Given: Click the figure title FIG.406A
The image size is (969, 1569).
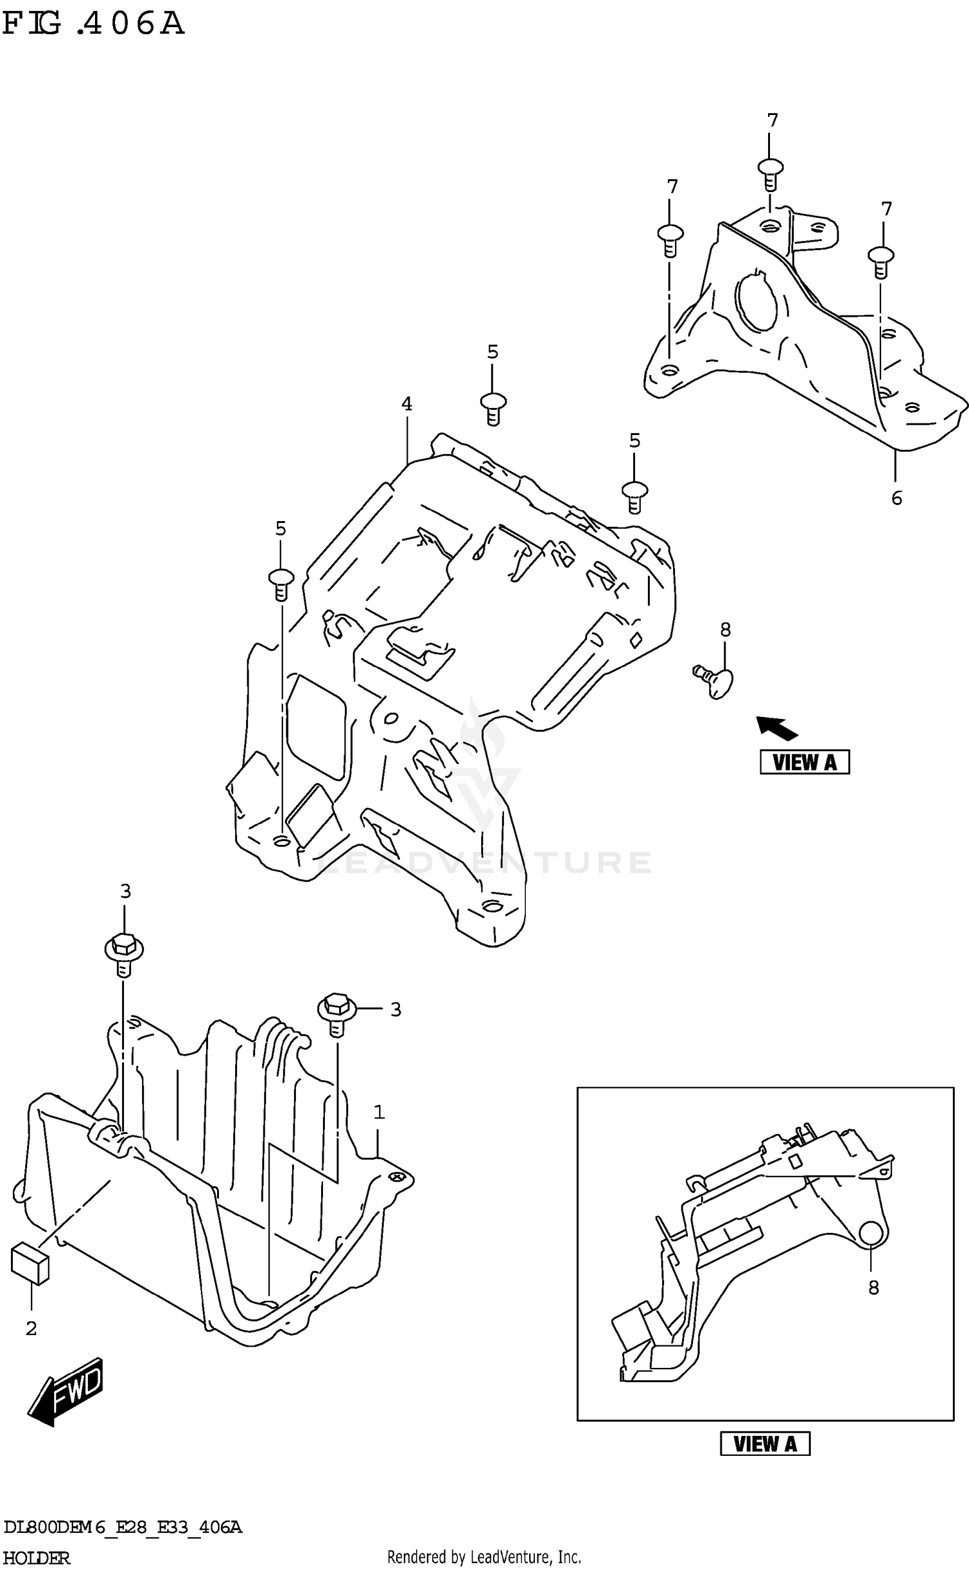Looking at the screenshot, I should point(93,24).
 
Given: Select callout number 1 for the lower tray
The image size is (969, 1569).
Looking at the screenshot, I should point(379,1113).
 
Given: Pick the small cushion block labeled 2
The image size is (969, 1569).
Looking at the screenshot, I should point(30,1263).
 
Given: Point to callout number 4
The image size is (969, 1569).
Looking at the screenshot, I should point(406,404).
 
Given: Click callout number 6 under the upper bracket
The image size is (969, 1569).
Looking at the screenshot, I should point(897,498).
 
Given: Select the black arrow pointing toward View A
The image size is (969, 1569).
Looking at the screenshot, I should point(777,728).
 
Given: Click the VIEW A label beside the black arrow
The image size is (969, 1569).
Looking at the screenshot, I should point(804,762).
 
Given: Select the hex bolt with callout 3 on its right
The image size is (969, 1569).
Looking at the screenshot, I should point(336,1010).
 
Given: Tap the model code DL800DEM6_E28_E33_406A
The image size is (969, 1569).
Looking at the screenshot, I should point(123,1528).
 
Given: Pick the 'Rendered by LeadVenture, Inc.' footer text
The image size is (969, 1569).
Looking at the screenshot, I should point(484,1557).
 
